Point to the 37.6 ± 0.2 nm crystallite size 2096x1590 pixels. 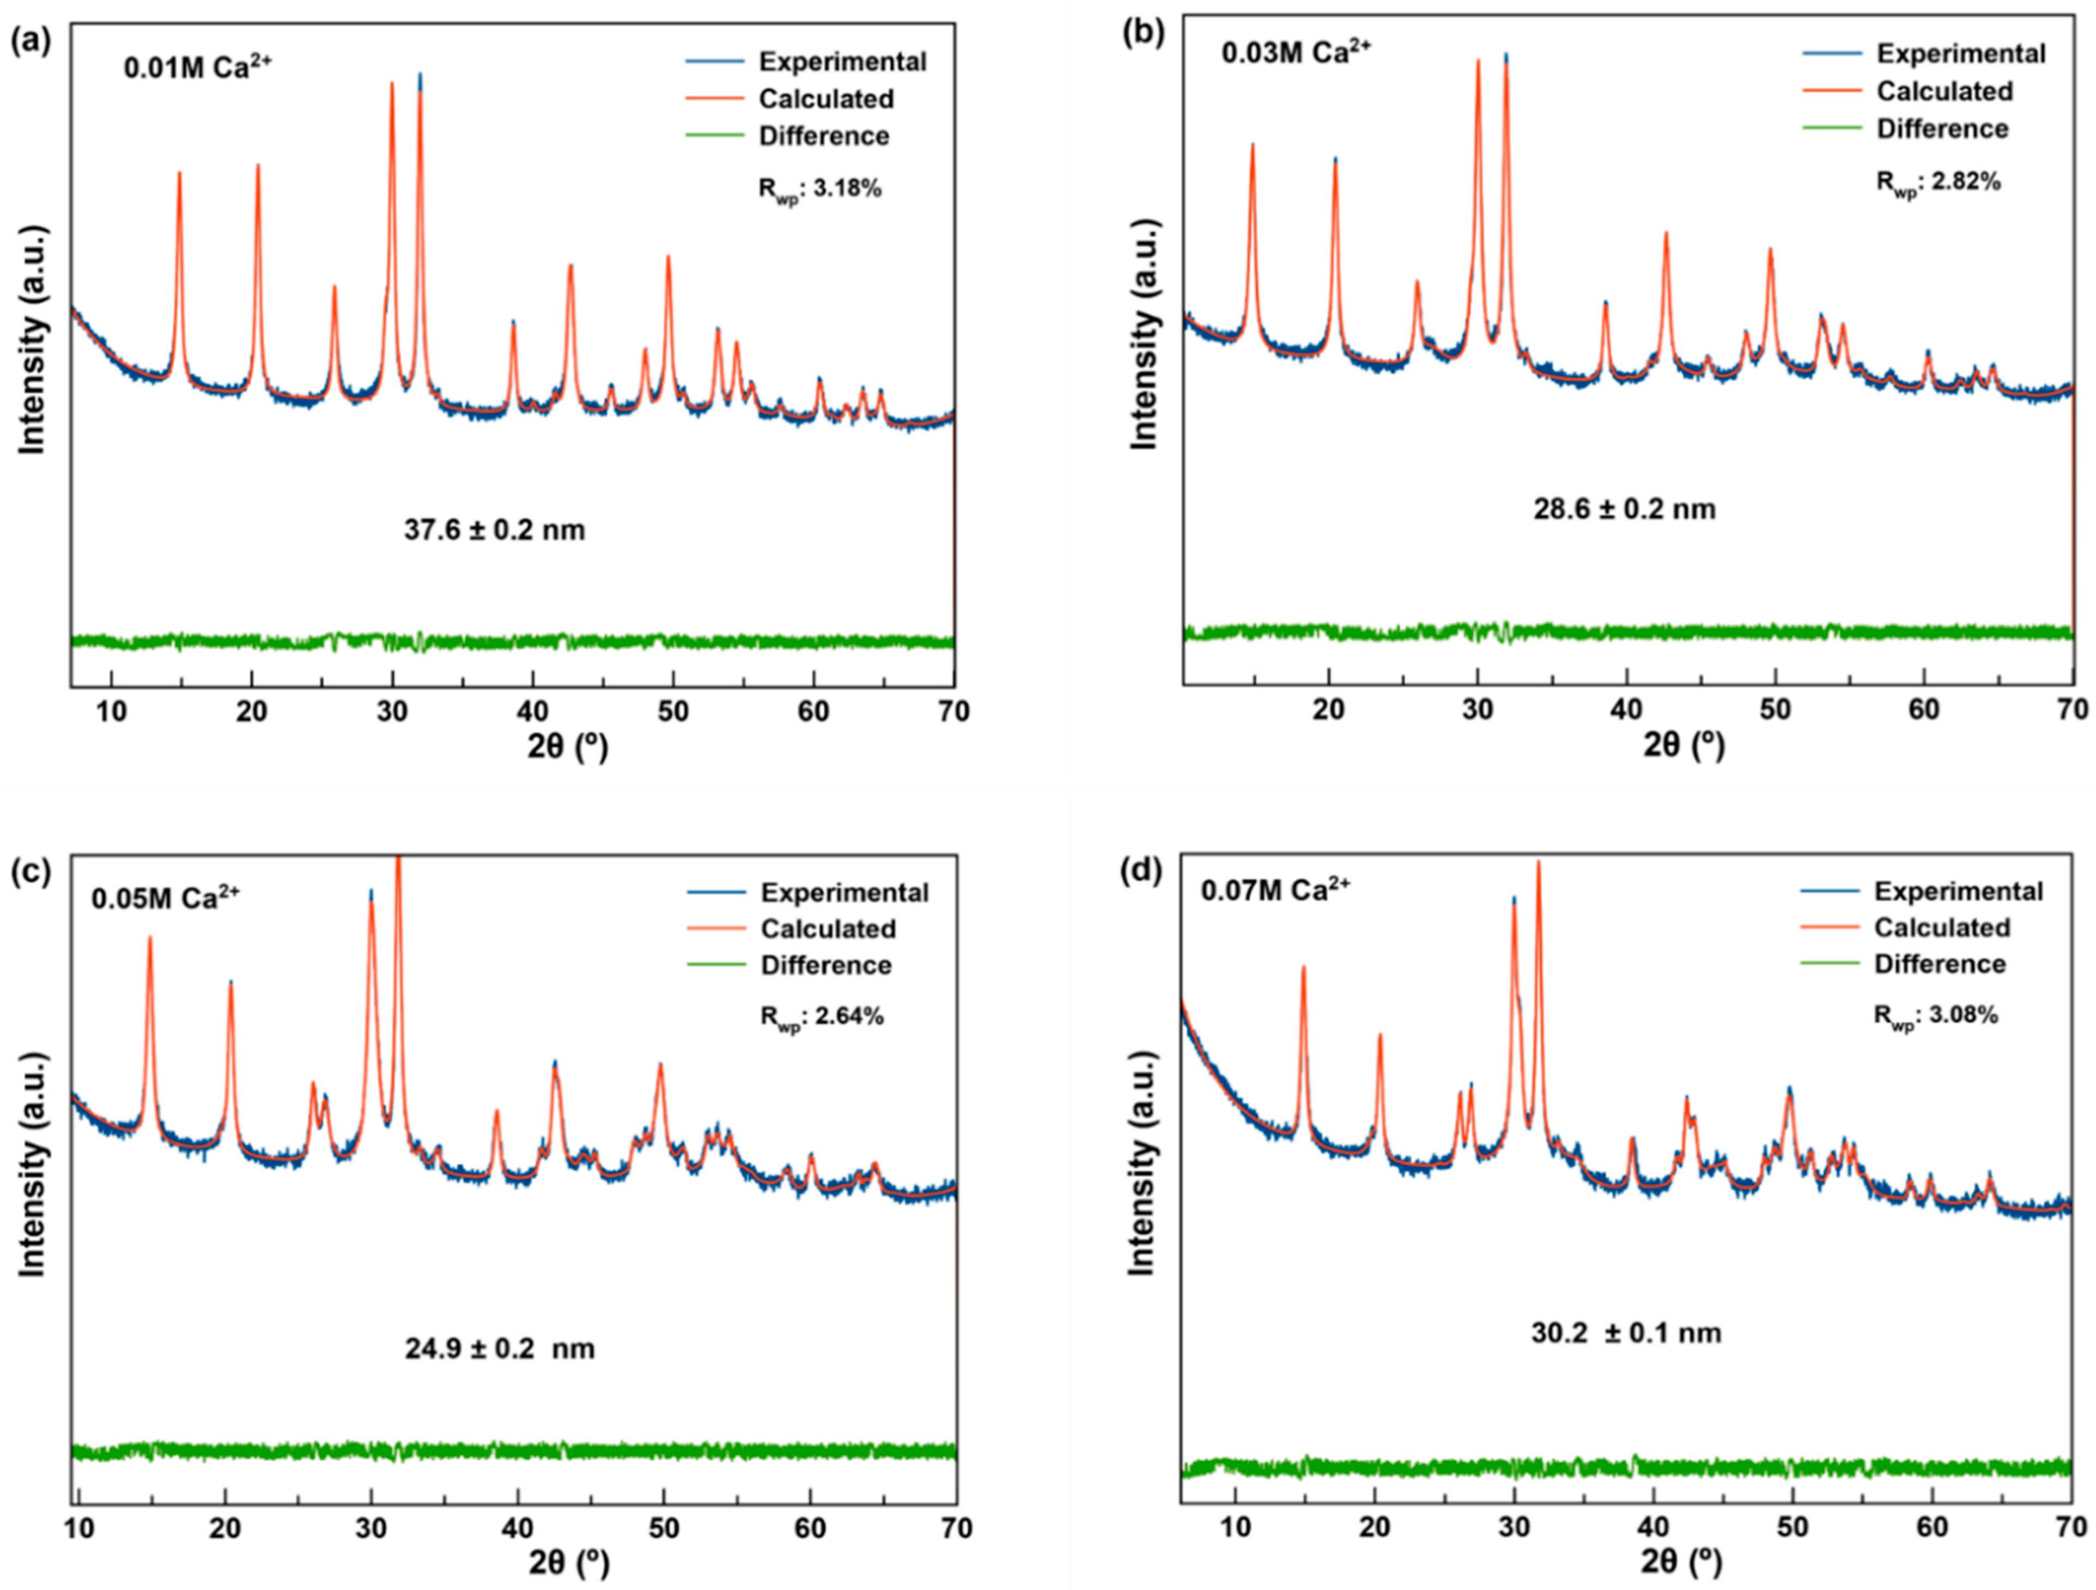point(495,529)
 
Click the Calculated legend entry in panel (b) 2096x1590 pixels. point(1945,91)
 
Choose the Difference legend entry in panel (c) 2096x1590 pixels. point(825,965)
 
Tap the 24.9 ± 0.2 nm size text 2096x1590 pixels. point(500,1348)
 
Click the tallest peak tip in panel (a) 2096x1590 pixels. point(420,74)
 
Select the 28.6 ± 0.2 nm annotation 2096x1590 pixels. point(1624,509)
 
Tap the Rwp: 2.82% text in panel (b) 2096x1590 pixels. point(1939,181)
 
